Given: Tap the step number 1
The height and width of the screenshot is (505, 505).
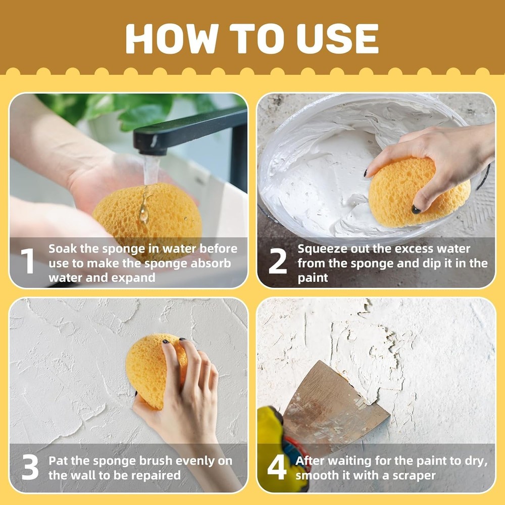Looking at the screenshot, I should (28, 262).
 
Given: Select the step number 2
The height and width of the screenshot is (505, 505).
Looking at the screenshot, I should (277, 262).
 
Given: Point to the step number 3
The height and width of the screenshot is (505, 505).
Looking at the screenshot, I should (30, 468).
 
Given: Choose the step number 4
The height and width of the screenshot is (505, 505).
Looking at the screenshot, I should (277, 468).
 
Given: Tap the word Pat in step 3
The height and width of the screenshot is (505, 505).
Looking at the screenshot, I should (58, 461).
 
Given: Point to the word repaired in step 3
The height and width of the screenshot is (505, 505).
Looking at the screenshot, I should (155, 476).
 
